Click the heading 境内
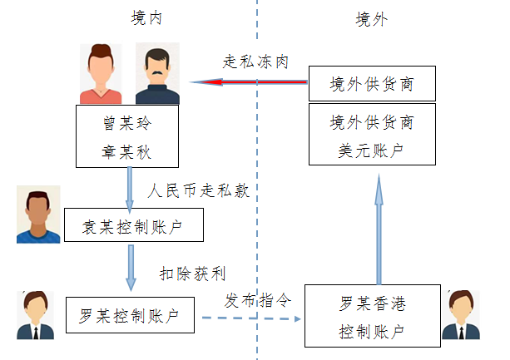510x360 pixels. click(147, 19)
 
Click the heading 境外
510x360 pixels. click(370, 19)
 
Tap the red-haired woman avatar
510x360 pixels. click(101, 74)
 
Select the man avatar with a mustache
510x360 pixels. click(157, 74)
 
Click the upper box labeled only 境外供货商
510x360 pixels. click(371, 84)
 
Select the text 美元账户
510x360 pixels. click(371, 150)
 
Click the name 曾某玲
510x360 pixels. click(128, 123)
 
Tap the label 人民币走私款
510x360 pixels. click(198, 190)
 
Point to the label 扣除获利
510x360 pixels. click(192, 273)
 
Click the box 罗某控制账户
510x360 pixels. click(129, 315)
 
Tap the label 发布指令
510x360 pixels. click(257, 299)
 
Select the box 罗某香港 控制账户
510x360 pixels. click(371, 315)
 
